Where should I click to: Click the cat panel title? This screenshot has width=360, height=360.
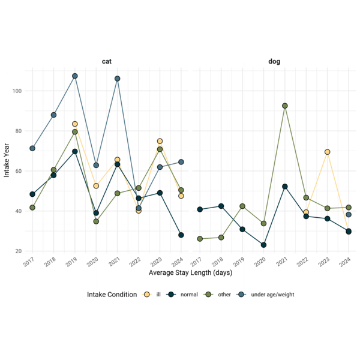tap(107, 61)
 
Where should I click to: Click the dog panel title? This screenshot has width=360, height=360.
tap(274, 62)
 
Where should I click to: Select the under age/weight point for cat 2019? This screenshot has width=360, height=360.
tap(75, 76)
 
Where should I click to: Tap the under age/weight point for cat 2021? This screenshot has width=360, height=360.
tap(118, 79)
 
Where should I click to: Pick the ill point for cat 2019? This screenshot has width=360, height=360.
tap(75, 124)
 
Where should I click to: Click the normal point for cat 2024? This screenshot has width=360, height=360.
tap(181, 235)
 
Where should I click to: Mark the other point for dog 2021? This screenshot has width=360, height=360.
tap(285, 106)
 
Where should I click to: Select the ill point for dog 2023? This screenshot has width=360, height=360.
tap(328, 152)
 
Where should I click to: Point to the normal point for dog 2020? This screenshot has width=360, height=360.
tap(263, 245)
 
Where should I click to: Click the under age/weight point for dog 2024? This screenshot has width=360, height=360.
tap(349, 215)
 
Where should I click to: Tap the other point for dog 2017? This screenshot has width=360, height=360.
tap(200, 239)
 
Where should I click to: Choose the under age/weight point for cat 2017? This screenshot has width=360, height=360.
tap(32, 148)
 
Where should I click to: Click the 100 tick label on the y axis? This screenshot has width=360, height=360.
tap(17, 91)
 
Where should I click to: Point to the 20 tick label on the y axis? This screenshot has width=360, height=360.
tap(19, 251)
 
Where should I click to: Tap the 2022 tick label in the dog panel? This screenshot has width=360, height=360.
tap(302, 262)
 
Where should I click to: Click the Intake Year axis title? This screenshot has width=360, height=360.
tap(7, 160)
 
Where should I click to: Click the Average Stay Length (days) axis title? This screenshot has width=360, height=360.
tap(191, 273)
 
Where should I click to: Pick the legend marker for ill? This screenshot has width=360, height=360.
tap(147, 295)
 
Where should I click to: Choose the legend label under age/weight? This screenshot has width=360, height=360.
tap(272, 295)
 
